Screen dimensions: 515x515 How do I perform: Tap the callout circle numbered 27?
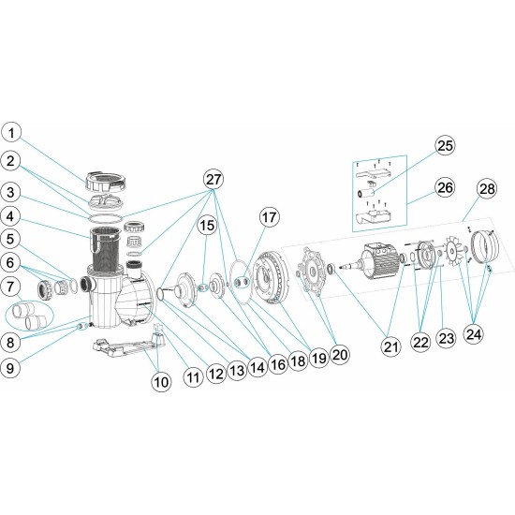pos(214,178)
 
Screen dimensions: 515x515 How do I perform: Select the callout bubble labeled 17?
pos(270,216)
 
